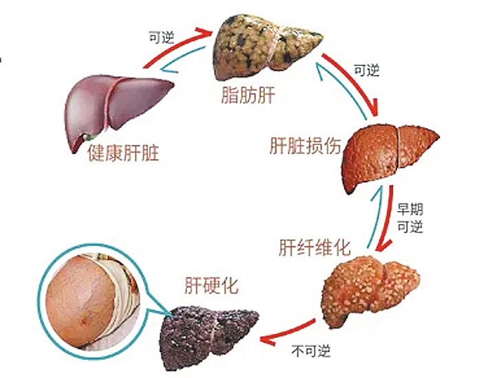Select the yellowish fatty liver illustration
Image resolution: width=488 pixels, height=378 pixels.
click(x=268, y=47)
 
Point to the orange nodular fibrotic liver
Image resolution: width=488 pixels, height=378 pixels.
click(x=370, y=291)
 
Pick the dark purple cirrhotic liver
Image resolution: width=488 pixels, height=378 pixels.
click(x=208, y=337)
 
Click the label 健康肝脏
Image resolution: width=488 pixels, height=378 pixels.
click(x=123, y=153)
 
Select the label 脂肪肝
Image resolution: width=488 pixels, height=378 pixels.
click(x=248, y=95)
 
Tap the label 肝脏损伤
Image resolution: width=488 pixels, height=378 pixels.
click(x=305, y=145)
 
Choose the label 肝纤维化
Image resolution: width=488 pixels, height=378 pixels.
click(x=315, y=247)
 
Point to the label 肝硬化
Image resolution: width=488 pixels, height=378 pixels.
click(x=211, y=285)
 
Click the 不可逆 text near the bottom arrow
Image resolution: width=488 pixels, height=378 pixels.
click(x=310, y=351)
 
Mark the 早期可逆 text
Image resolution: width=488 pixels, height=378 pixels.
click(x=410, y=219)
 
